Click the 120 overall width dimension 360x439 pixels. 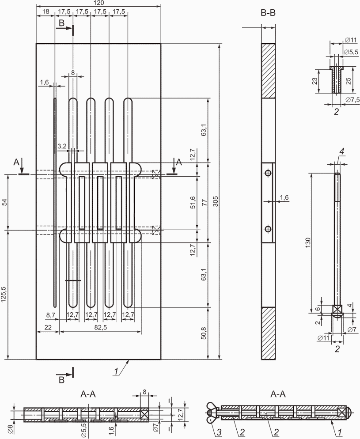click(x=99, y=3)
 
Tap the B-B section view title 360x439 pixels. click(x=268, y=13)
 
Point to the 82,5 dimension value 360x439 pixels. click(x=101, y=327)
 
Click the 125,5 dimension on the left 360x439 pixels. click(x=4, y=294)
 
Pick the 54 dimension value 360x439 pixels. click(x=4, y=202)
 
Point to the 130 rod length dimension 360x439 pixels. click(x=308, y=242)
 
